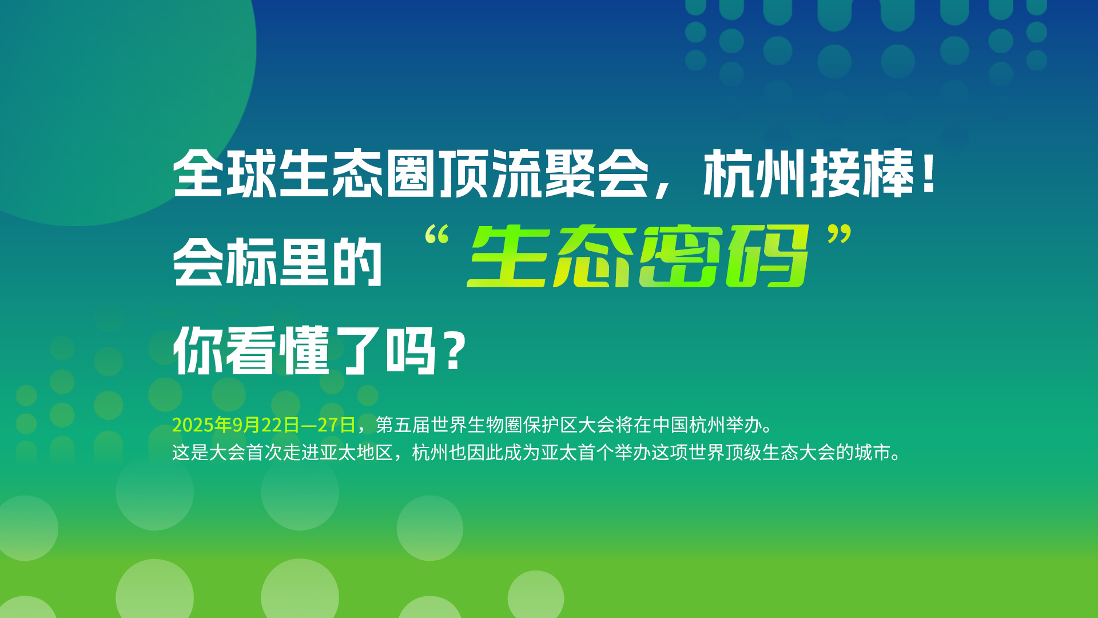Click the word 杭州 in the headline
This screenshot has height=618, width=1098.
[755, 173]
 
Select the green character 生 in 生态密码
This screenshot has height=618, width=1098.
[510, 256]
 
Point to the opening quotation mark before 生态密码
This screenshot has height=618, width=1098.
[437, 235]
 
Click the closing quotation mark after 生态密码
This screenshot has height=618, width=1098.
[840, 235]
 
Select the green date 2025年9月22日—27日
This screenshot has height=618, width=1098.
[264, 425]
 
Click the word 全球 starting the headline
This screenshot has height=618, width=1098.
[225, 173]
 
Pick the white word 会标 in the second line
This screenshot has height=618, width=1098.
[225, 262]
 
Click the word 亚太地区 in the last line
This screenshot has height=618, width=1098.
[356, 453]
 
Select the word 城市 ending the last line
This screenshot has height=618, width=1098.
[873, 453]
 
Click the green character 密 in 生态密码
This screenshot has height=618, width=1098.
[682, 256]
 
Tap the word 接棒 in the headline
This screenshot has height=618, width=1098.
[862, 173]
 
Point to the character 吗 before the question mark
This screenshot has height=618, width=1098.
[411, 350]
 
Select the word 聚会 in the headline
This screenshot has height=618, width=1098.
[597, 173]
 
